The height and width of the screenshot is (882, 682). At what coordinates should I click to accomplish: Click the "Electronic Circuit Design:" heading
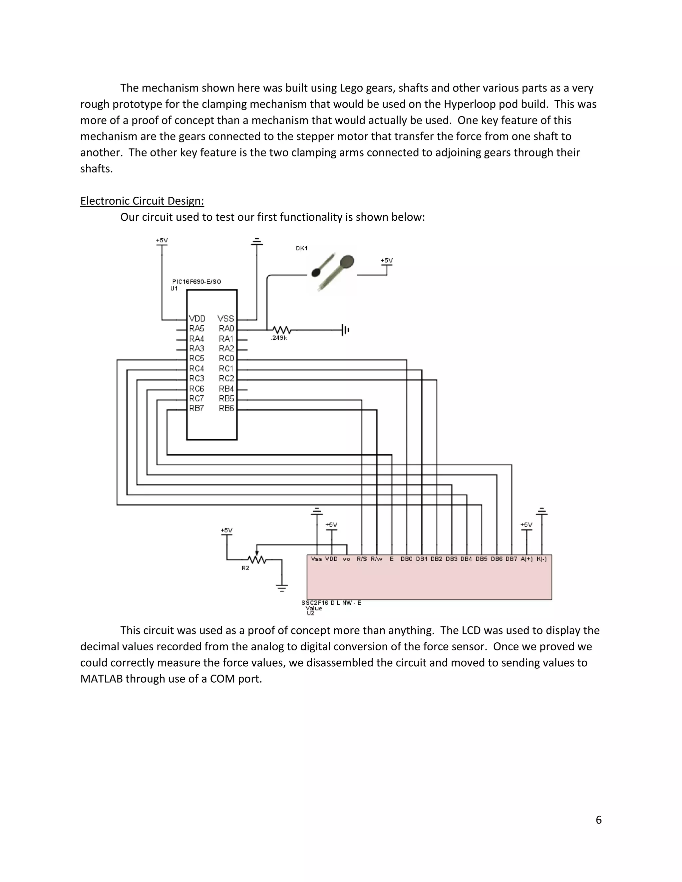tap(142, 201)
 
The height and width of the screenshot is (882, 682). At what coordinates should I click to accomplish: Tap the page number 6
tap(598, 819)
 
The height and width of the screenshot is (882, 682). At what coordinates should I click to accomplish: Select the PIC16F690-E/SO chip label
tap(196, 282)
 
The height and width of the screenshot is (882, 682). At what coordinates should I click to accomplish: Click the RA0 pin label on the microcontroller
tap(226, 328)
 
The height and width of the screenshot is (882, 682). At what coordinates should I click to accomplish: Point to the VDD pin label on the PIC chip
tap(197, 319)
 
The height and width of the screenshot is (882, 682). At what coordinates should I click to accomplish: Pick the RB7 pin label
tap(196, 408)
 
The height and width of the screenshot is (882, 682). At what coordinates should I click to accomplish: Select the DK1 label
tap(301, 248)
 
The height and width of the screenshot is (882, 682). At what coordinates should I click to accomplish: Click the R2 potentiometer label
tap(245, 568)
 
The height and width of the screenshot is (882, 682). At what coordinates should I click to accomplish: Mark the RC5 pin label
tap(196, 358)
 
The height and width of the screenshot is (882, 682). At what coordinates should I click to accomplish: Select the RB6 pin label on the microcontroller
tap(226, 408)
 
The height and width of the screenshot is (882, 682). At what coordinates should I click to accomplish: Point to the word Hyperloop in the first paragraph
tap(468, 104)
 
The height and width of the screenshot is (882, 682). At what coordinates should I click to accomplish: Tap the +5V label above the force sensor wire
tap(387, 261)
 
